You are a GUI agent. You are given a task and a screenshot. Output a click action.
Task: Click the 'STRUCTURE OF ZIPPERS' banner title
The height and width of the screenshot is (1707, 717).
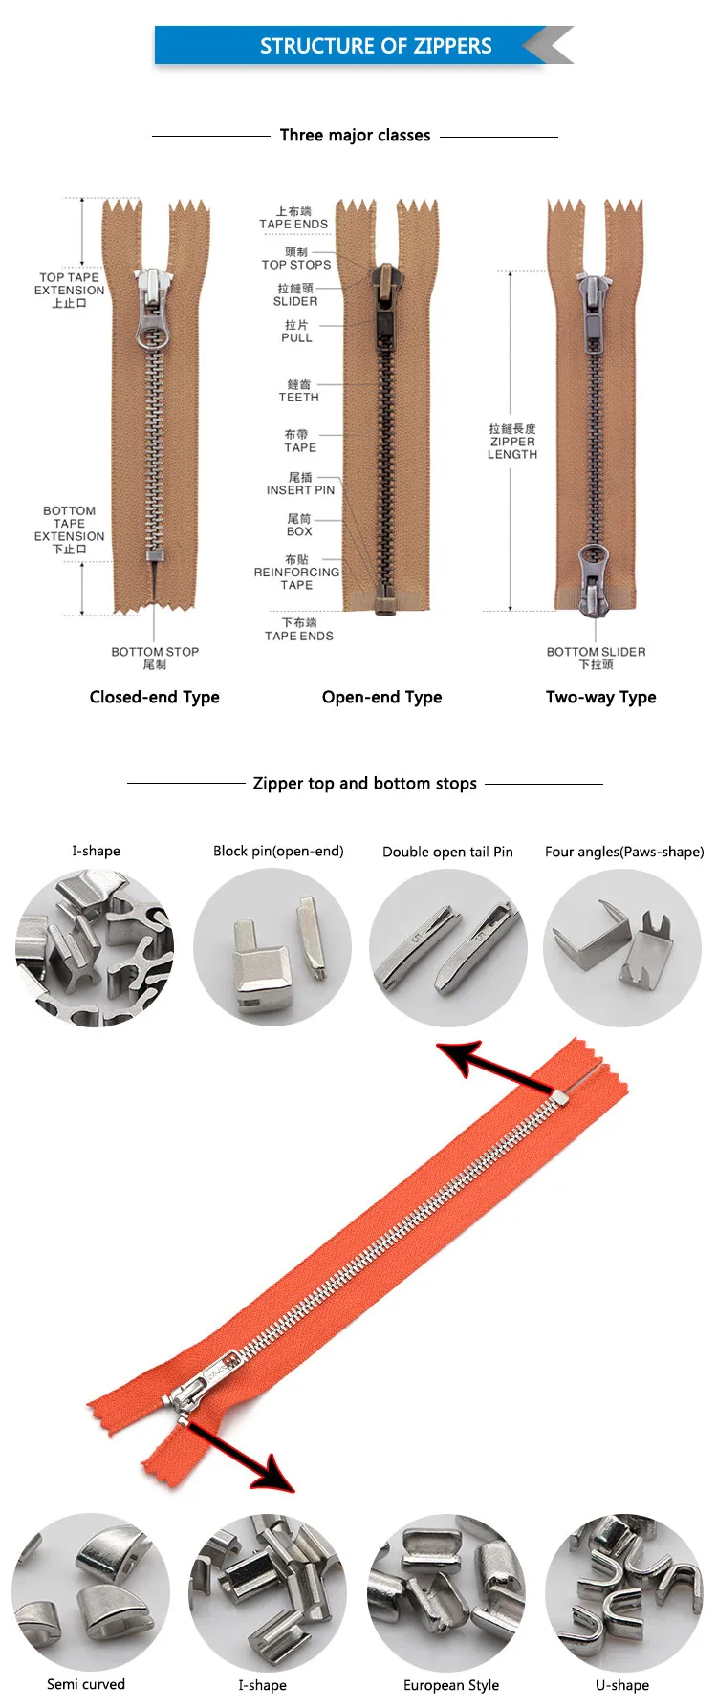(376, 46)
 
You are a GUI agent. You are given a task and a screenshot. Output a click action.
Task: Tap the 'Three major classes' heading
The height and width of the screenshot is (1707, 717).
(355, 136)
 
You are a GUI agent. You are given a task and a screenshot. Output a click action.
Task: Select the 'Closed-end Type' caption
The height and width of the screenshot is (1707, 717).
(154, 698)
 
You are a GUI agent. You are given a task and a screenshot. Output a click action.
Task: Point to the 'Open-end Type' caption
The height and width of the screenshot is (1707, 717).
(381, 698)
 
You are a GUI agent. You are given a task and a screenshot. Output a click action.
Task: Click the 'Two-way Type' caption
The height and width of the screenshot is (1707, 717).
(600, 698)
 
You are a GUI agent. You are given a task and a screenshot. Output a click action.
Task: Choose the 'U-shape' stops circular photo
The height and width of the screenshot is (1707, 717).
(624, 1592)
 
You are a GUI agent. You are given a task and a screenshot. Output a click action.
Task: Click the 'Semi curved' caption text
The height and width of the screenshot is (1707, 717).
(86, 1684)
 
